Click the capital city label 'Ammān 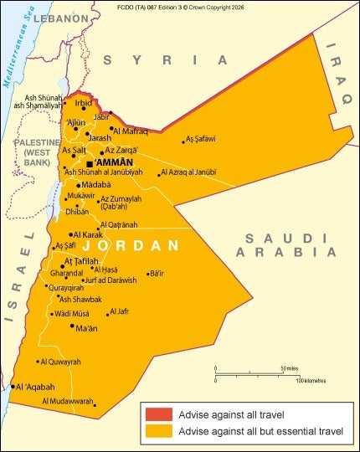(x=114, y=162)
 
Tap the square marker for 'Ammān (x=90, y=164)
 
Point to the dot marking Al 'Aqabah (x=13, y=387)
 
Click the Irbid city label (x=84, y=103)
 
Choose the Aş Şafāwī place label (x=201, y=138)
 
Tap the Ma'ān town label (x=86, y=328)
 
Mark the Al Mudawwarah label (x=68, y=401)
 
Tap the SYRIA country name (x=164, y=60)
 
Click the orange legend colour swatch (x=158, y=432)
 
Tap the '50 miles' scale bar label (x=290, y=368)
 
